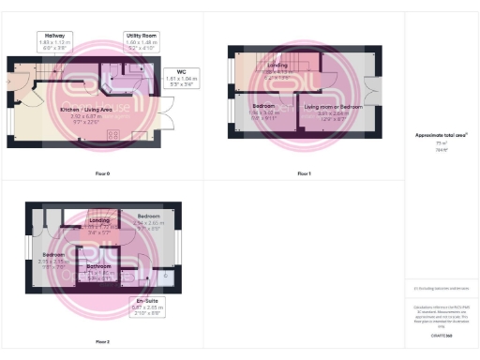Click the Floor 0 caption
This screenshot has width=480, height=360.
coord(103,174)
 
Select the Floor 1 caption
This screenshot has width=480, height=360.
coord(304,174)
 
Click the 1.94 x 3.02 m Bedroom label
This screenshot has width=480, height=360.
coord(263,112)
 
